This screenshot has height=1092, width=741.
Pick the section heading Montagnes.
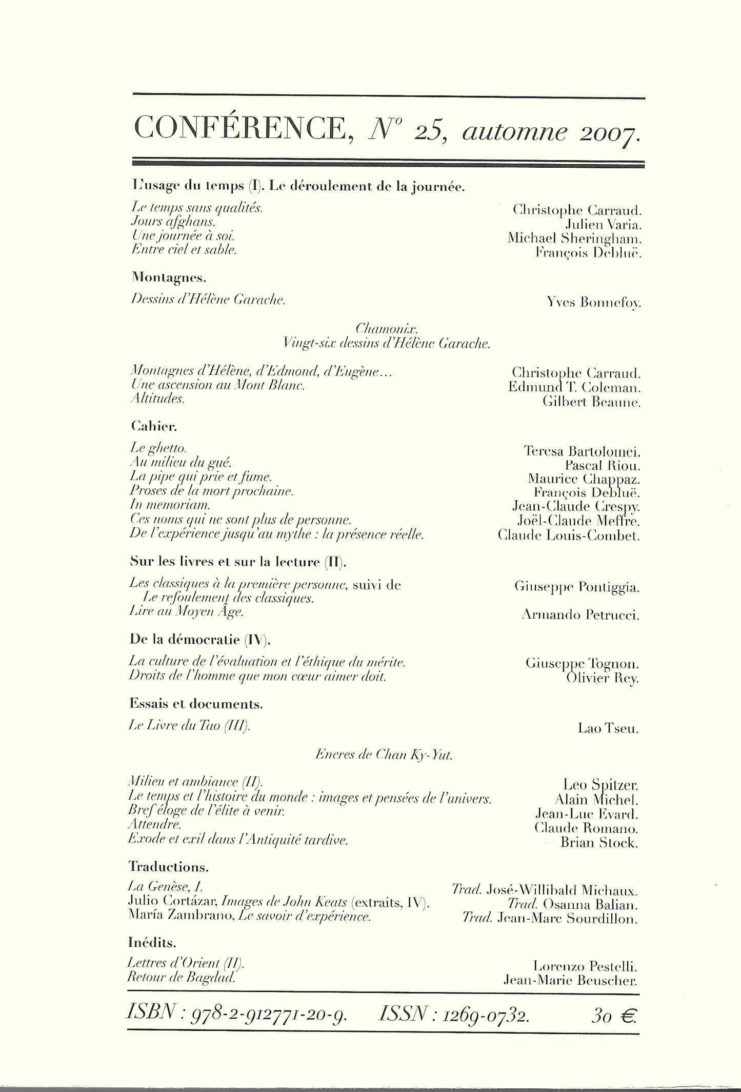pyautogui.click(x=161, y=277)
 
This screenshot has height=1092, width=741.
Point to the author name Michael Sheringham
pyautogui.click(x=574, y=238)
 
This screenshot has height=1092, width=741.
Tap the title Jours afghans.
pyautogui.click(x=172, y=223)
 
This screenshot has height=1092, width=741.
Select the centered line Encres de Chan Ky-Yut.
pyautogui.click(x=385, y=755)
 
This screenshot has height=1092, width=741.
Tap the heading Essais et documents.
pyautogui.click(x=196, y=704)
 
